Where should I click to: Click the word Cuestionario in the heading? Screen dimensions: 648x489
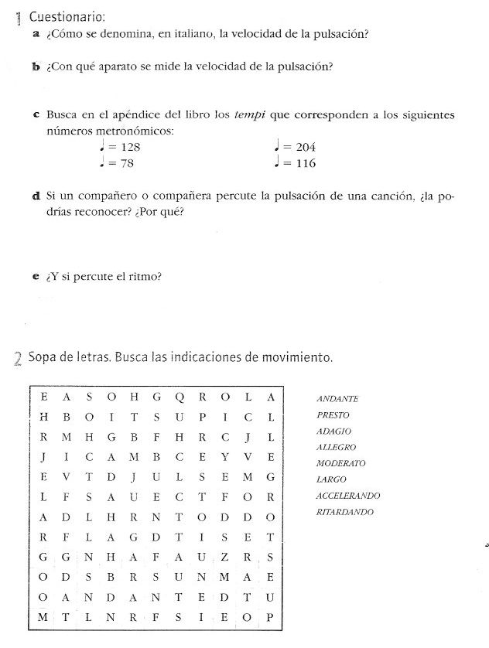coord(66,17)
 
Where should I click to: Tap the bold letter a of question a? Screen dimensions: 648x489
coord(37,35)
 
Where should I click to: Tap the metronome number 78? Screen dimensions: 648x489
coord(122,163)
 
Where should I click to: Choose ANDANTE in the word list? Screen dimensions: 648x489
coord(337,399)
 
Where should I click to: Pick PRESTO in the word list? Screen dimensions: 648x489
coord(333,415)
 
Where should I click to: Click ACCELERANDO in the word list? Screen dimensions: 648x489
coord(347,496)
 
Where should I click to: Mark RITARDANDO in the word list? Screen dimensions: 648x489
coord(345,512)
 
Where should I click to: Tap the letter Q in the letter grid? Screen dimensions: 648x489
coord(180,397)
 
